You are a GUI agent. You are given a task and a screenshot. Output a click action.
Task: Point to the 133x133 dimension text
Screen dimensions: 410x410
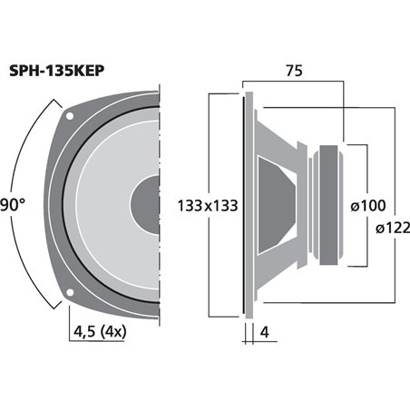click(x=205, y=205)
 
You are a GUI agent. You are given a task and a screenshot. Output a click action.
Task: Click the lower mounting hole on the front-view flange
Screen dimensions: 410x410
click(x=71, y=290)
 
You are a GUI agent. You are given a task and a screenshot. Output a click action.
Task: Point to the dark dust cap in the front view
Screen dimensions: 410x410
click(x=147, y=203)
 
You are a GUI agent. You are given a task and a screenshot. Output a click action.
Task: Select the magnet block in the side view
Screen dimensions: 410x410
click(x=329, y=203)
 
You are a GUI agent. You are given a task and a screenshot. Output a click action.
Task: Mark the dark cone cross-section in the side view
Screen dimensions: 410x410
click(x=276, y=203)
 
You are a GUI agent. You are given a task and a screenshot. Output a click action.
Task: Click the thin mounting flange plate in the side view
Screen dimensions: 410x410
click(x=246, y=203)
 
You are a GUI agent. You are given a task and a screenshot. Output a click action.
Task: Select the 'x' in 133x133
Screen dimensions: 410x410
click(x=205, y=206)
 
